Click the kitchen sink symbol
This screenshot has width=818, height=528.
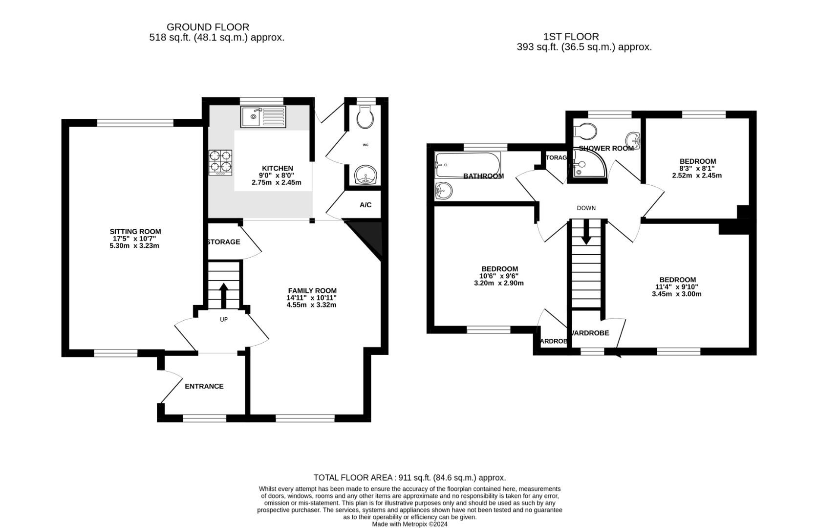pos(263,117)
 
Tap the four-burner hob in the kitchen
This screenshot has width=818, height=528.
pos(220,163)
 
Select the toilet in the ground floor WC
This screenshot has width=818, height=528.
pos(365,117)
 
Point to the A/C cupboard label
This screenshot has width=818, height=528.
pos(366,205)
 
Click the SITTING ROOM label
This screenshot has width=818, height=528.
pos(135,232)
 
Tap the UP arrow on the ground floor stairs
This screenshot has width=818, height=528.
pos(224,295)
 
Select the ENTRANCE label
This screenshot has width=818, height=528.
pos(204,386)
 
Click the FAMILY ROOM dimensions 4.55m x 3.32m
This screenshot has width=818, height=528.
pos(312,305)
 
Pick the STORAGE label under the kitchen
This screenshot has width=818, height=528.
pos(224,242)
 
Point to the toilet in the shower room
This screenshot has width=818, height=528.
pos(585,131)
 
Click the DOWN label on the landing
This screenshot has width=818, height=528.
pos(586,208)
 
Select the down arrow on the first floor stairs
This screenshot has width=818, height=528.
pos(586,235)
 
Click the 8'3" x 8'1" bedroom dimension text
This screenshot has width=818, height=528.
pos(697,169)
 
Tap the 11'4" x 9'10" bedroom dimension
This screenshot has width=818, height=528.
pos(677,287)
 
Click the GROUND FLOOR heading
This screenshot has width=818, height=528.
pos(208,27)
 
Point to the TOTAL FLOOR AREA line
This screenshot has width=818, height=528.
pos(409,478)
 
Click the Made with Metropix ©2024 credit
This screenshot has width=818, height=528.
pos(409,524)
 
